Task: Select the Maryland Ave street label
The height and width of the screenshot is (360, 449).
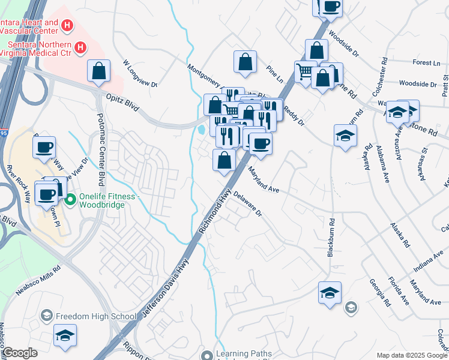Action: [x=265, y=179]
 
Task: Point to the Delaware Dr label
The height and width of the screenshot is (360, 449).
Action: [x=248, y=204]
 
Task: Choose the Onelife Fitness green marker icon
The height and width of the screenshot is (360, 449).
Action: [x=70, y=200]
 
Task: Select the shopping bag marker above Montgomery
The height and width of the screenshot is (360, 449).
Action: [x=245, y=61]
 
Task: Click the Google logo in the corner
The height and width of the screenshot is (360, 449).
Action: [x=20, y=353]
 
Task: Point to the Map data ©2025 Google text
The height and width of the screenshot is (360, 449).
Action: [x=412, y=355]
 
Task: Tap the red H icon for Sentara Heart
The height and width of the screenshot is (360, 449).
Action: [x=67, y=26]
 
